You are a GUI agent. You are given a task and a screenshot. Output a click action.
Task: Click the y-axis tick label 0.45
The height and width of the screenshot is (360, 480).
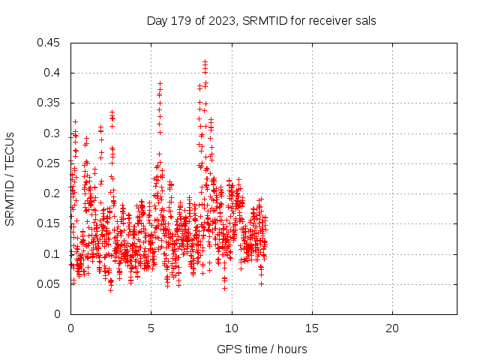tap(50, 43)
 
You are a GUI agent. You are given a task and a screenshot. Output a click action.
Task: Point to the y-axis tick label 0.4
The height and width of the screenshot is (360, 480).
tap(53, 73)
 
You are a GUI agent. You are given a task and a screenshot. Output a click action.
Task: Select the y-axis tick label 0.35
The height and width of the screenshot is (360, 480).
tap(50, 103)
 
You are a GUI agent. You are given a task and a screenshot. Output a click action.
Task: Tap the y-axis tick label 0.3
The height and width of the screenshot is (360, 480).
tap(53, 133)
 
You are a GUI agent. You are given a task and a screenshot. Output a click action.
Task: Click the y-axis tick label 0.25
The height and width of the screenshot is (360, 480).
tap(50, 163)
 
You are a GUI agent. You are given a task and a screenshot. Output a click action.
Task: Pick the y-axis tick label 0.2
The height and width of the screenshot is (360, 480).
tap(53, 193)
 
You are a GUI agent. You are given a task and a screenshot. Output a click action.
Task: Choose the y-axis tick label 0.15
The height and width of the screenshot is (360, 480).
tap(50, 223)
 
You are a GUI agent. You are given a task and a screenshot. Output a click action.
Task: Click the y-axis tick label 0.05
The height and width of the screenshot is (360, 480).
tap(50, 284)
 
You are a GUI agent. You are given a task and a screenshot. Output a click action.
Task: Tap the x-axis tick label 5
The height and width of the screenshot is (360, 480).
tap(151, 328)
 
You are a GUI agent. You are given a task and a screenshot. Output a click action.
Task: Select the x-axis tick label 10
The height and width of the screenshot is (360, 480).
tap(231, 328)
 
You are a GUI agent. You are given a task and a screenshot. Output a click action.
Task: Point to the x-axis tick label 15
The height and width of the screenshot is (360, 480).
tap(311, 328)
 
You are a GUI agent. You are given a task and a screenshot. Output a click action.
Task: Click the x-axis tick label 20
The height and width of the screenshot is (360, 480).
tap(391, 328)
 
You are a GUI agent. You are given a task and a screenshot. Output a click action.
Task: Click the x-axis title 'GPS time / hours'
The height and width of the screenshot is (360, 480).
tap(262, 349)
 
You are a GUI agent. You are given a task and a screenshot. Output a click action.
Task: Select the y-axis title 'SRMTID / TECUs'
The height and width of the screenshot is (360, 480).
tap(10, 179)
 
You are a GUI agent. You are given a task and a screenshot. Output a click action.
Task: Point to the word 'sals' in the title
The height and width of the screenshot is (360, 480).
tap(365, 21)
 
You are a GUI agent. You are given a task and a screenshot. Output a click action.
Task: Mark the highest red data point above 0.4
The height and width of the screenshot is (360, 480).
tap(205, 61)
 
